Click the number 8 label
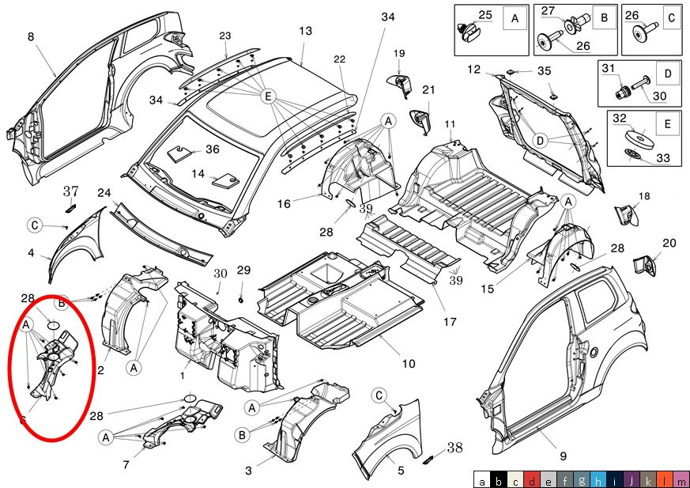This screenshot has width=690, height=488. (x=31, y=37)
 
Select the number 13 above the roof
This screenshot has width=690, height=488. (x=306, y=31)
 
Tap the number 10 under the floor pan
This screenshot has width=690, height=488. (x=409, y=364)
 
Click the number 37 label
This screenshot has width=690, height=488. (x=71, y=191)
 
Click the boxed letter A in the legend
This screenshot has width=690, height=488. (x=515, y=17)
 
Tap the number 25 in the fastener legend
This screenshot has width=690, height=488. (x=485, y=15)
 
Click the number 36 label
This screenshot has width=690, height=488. (x=213, y=149)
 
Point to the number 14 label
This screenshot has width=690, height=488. (x=198, y=173)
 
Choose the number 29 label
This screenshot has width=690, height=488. (x=244, y=270)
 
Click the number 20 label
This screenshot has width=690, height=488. (x=669, y=244)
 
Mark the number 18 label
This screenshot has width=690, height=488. (x=644, y=196)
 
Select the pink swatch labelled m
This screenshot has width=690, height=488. (x=681, y=479)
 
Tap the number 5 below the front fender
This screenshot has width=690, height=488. (x=401, y=471)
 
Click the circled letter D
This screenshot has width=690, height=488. (x=540, y=140)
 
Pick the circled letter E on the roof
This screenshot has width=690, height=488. (x=268, y=96)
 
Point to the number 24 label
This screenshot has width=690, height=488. (x=104, y=193)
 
